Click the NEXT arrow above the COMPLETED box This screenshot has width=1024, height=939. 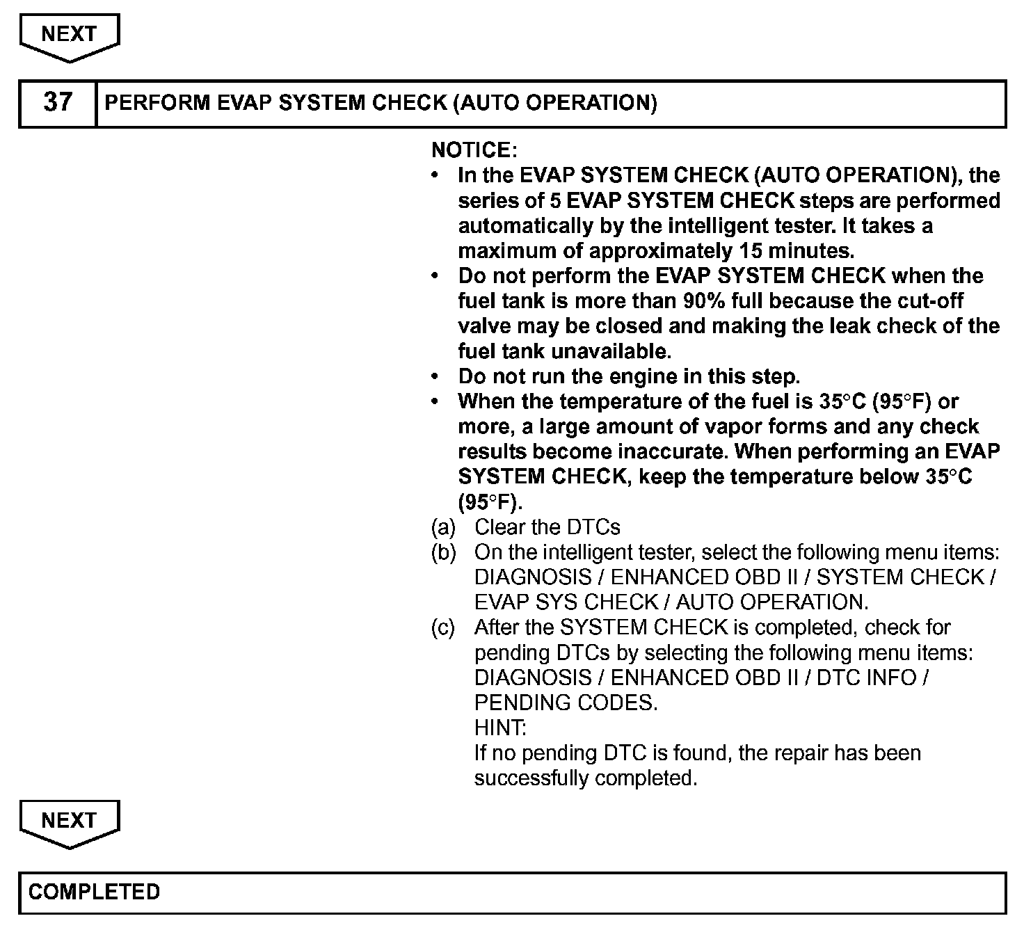tap(69, 822)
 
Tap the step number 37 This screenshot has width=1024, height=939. tap(57, 103)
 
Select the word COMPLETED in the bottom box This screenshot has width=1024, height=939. tap(95, 892)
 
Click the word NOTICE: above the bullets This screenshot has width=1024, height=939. tap(474, 150)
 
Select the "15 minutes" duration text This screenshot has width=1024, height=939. tap(794, 250)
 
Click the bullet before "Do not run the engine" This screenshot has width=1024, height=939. tap(435, 376)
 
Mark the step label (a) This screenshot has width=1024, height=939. tap(443, 527)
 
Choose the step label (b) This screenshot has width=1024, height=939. tap(443, 552)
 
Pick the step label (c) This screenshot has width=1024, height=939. tap(443, 627)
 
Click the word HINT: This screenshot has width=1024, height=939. tap(500, 728)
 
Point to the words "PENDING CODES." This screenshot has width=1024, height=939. tap(566, 703)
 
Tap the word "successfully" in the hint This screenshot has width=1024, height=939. tap(531, 778)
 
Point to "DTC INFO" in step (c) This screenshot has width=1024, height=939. tap(866, 677)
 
